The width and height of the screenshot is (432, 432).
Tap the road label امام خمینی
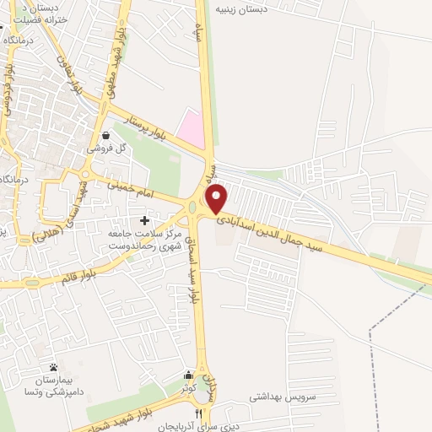click(x=134, y=188)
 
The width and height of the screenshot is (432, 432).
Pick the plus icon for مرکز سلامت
click(x=144, y=219)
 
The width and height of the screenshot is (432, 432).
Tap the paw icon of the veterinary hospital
click(x=54, y=367)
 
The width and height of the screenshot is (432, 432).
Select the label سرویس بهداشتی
click(x=282, y=396)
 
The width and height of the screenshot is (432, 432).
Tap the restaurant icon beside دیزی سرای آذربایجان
click(x=199, y=413)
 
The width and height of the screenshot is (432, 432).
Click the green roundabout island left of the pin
click(x=192, y=208)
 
